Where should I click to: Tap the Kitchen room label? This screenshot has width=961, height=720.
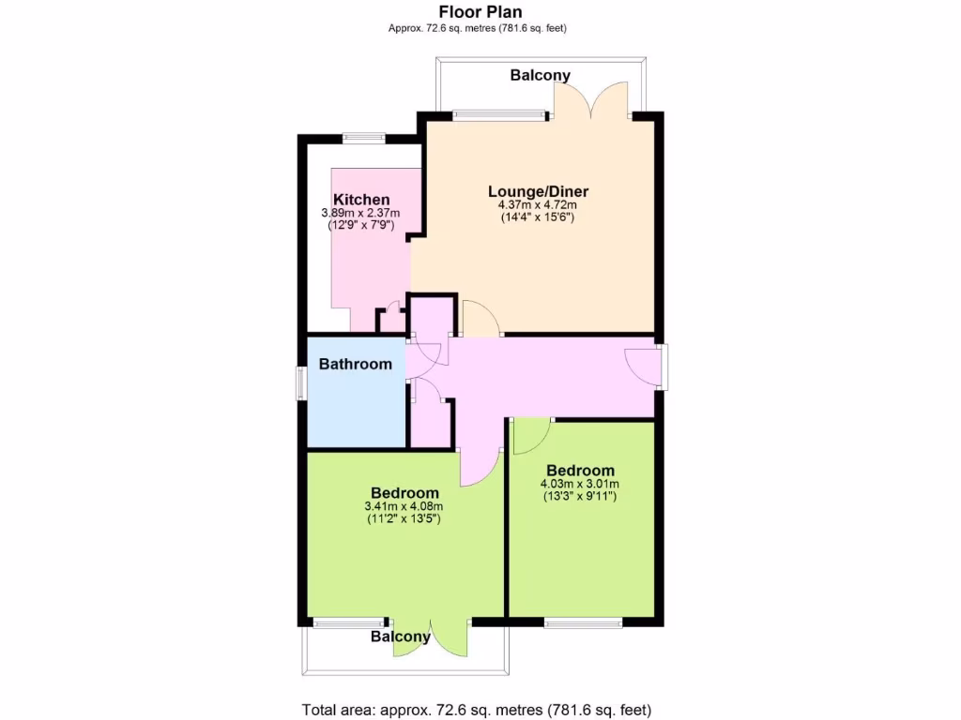pos(361,200)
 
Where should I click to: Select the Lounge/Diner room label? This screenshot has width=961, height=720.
pos(537,191)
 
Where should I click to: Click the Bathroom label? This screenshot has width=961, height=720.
pos(355,364)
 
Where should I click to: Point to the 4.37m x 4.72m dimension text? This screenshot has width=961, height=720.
pos(537,204)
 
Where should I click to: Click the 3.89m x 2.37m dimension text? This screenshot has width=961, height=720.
pos(360,213)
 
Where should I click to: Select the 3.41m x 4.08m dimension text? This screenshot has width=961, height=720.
pos(404,507)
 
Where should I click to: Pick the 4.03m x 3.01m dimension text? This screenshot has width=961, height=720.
pos(580,484)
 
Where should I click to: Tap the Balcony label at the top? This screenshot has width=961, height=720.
pos(540,75)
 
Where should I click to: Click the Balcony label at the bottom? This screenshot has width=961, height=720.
pos(401,637)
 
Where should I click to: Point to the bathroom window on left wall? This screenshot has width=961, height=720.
pos(301,382)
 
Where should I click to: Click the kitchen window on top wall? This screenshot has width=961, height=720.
pos(363,139)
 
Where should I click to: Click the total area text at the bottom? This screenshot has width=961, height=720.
pos(476,710)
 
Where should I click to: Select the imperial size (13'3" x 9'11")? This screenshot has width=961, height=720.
pos(580,496)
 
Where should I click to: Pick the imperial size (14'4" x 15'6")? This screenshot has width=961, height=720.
pos(537,217)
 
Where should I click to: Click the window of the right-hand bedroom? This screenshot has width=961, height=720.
pos(583,622)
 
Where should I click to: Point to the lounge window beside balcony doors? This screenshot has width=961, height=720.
pos(499,115)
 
